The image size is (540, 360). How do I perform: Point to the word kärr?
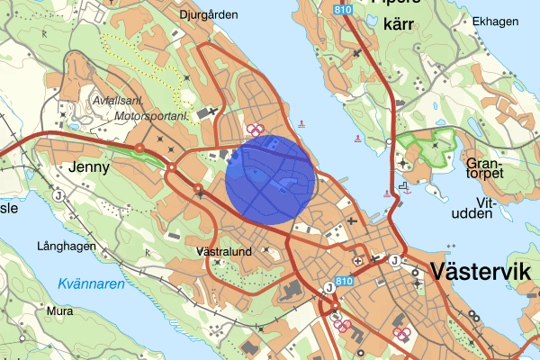pyautogui.click(x=397, y=23)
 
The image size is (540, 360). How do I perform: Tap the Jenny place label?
pyautogui.click(x=88, y=166)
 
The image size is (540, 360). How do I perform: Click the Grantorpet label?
pyautogui.click(x=487, y=171)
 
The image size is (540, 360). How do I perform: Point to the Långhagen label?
pyautogui.click(x=66, y=246)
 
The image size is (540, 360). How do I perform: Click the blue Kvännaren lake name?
pyautogui.click(x=91, y=284)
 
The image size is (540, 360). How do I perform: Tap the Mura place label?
pyautogui.click(x=59, y=311)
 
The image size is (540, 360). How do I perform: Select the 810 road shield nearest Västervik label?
pyautogui.click(x=343, y=282)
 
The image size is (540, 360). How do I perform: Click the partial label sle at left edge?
pyautogui.click(x=8, y=208)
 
